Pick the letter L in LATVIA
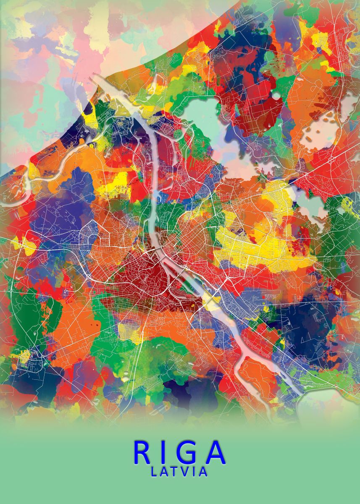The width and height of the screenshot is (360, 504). pyautogui.click(x=154, y=472)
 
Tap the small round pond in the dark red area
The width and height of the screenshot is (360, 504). pyautogui.click(x=276, y=96)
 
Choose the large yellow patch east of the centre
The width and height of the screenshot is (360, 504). pyautogui.click(x=269, y=248)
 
